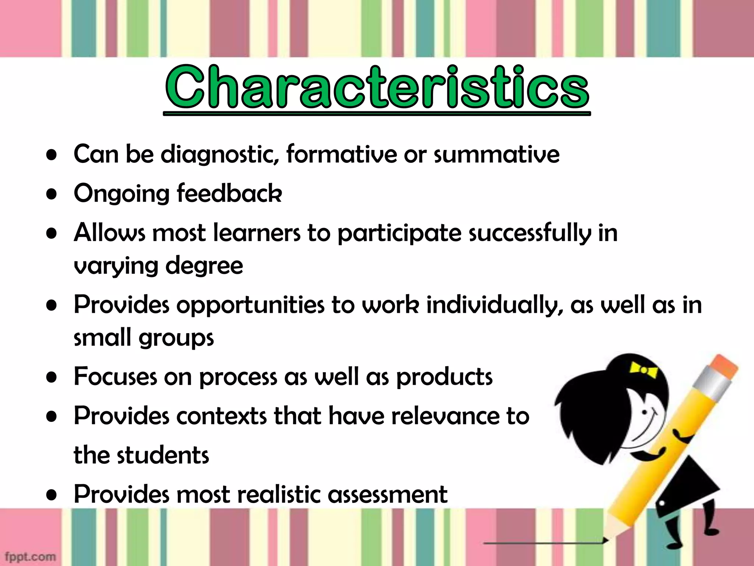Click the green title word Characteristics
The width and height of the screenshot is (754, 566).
coord(377,88)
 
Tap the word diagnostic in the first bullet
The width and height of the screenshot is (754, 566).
coord(219,154)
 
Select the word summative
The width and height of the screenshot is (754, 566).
coord(496,154)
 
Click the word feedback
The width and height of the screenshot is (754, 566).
coord(229,193)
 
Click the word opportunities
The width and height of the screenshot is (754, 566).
coord(251,305)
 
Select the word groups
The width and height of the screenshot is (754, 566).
coord(176,338)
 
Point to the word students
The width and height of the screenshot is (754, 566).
coord(163,455)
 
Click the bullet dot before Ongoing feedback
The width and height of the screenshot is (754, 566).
coord(52,194)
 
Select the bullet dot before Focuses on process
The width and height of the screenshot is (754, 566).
coord(52,377)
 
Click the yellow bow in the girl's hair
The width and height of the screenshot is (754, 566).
coord(643,370)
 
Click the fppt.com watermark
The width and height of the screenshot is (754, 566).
coord(30,556)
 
